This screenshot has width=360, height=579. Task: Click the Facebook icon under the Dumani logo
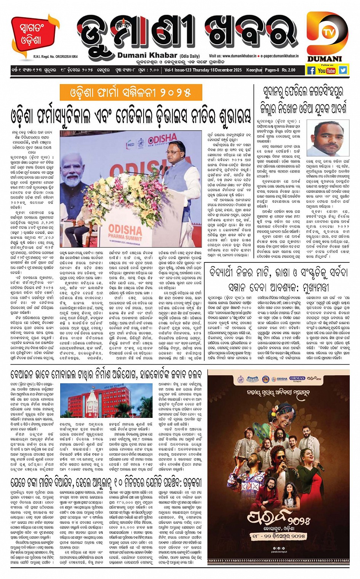[x=311, y=70]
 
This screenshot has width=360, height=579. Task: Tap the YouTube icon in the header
[x=326, y=70]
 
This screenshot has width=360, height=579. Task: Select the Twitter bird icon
[x=343, y=70]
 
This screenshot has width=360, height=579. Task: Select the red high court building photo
[x=106, y=400]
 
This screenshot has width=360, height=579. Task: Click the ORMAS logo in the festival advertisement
[x=297, y=379]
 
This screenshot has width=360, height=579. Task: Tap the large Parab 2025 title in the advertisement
[x=278, y=517]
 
